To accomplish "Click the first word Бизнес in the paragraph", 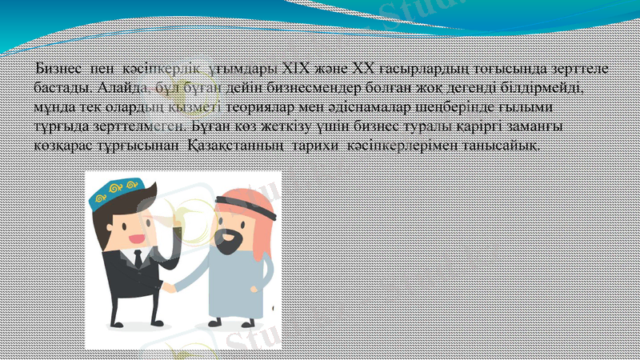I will (58, 70).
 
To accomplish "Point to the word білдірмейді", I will (564, 87).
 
